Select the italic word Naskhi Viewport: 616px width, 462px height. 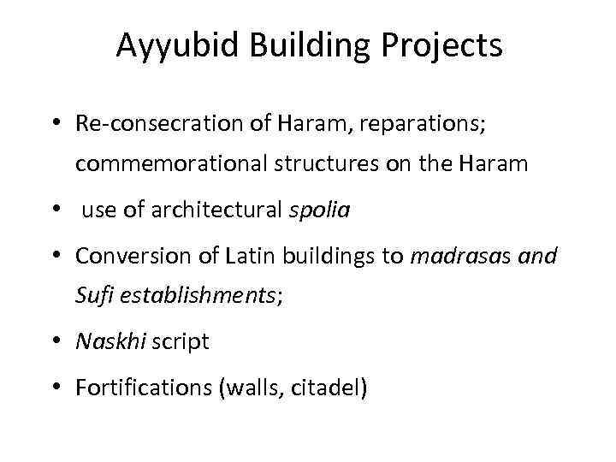tap(106, 342)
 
